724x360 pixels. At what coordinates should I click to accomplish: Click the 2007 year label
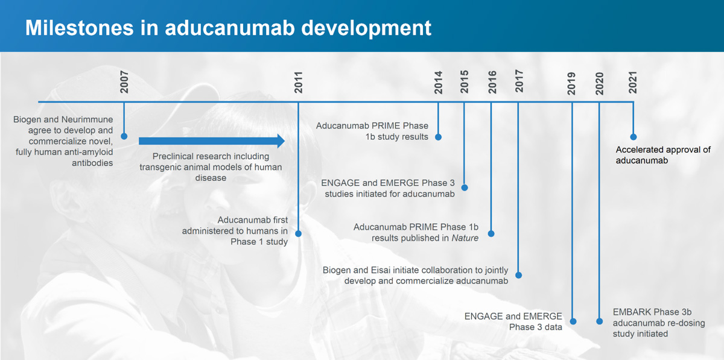124,82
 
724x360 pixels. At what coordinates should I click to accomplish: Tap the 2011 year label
298,83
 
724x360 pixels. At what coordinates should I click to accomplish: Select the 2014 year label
438,83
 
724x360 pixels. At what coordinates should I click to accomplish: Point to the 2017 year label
519,81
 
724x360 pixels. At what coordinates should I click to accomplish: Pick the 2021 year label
632,83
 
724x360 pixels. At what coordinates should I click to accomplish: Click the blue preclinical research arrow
212,141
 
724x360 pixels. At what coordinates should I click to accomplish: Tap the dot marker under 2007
124,136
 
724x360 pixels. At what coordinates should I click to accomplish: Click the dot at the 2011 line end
298,233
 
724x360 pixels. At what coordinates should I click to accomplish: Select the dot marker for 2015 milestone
465,188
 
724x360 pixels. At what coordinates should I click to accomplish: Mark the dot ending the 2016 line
491,233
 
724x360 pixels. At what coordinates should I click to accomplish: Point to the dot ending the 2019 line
573,321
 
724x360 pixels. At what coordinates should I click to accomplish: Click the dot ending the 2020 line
599,321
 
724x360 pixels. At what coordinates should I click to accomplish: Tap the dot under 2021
633,137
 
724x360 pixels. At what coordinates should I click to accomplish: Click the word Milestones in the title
79,28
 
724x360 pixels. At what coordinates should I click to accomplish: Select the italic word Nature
465,238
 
